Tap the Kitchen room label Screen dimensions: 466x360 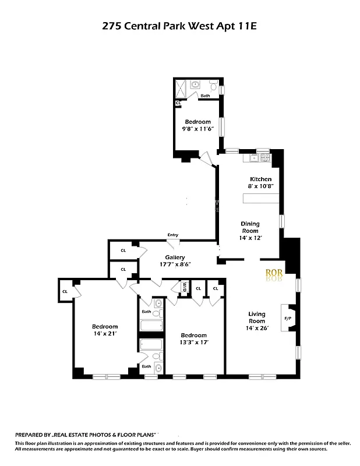pos(260,179)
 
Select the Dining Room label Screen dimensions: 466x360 pos(251,227)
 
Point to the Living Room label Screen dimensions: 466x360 pos(257,316)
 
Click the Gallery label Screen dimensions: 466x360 pos(175,257)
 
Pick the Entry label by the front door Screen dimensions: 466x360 pos(173,235)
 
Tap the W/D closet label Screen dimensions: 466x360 pos(184,286)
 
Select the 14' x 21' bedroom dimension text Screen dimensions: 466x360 pos(105,334)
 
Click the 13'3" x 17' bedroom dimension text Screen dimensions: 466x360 pos(193,343)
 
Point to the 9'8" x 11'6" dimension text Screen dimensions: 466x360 pos(198,129)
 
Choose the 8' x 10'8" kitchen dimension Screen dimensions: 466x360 pos(260,186)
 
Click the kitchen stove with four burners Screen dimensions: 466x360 pos(265,157)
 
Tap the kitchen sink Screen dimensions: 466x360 pos(253,157)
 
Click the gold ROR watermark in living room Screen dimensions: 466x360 pos(274,272)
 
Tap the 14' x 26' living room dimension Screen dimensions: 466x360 pos(257,328)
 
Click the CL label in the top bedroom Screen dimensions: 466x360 pos(178,103)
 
